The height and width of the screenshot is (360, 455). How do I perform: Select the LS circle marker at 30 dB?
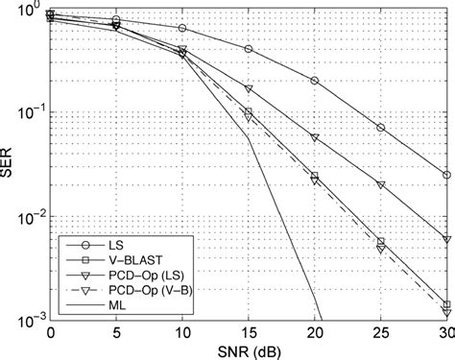(447, 175)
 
